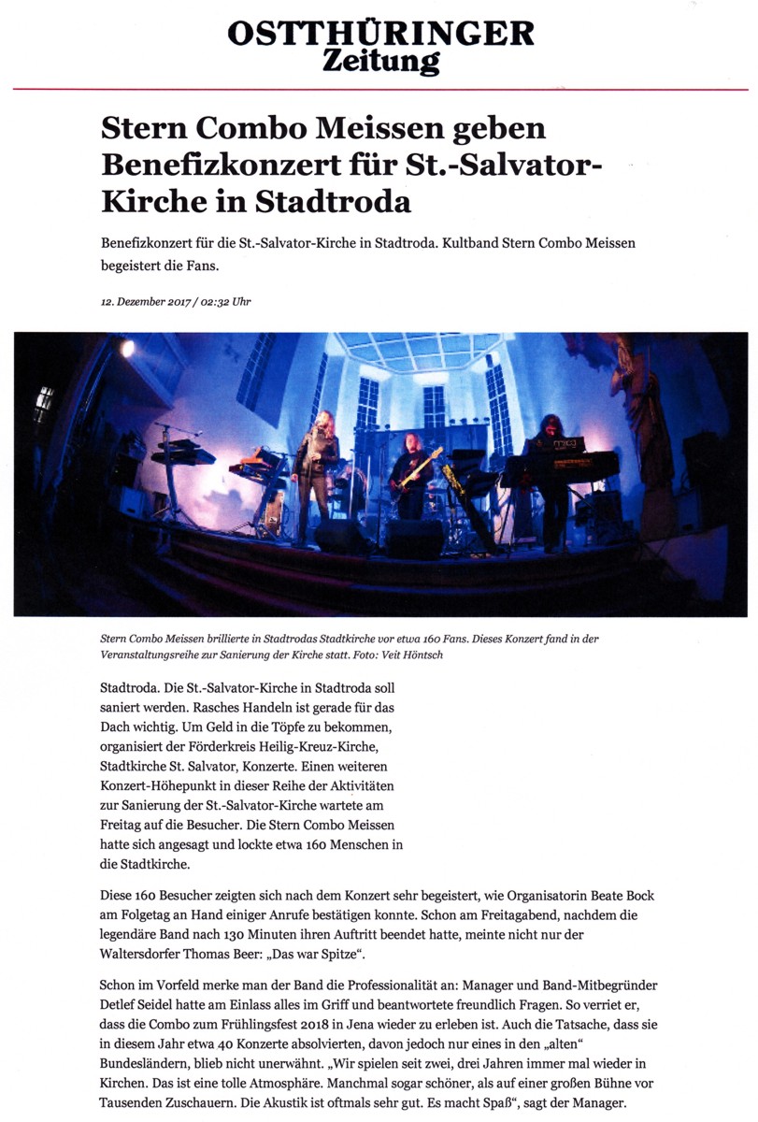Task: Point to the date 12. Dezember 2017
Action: pos(145,301)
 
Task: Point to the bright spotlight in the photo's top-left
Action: pos(127,348)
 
